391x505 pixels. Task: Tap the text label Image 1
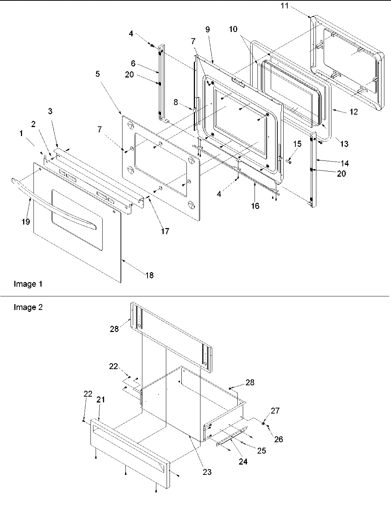pos(28,284)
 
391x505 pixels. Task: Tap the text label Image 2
pos(28,307)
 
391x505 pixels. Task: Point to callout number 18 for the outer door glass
pos(149,275)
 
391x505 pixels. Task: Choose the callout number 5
pos(97,74)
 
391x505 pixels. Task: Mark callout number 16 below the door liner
pos(255,206)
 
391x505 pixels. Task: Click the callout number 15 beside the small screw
pos(297,144)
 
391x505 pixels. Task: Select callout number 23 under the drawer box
pos(207,472)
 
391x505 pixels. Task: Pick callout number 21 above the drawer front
pos(100,400)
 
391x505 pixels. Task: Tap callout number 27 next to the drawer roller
pos(276,411)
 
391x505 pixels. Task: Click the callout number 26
pos(279,439)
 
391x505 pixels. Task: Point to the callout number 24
pos(243,462)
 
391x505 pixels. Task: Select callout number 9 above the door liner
pos(208,30)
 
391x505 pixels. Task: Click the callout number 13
pos(344,144)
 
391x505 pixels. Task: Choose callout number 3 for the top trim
pos(50,111)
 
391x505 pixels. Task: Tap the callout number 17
pos(165,231)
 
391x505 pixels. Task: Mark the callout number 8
pos(176,102)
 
